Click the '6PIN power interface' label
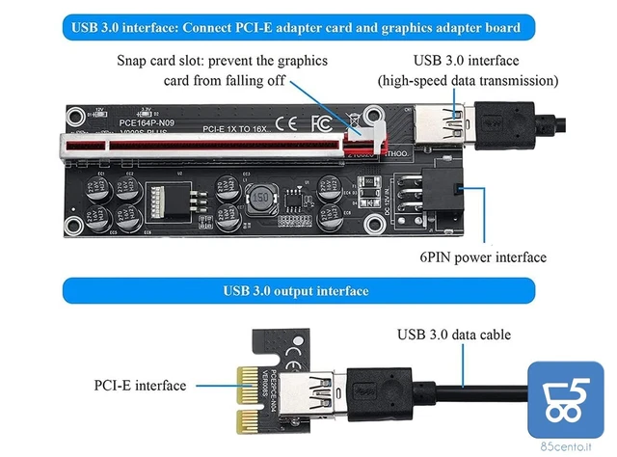tap(483, 257)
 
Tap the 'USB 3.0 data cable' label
tap(454, 335)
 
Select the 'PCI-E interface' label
tap(140, 386)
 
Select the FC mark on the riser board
tap(321, 123)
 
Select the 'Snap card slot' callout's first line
tap(223, 60)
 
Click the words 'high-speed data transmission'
tap(469, 80)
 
